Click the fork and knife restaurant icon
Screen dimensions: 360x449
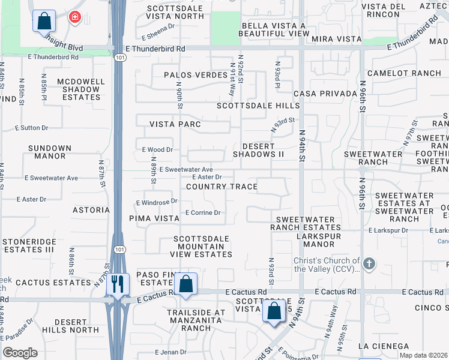(118, 283)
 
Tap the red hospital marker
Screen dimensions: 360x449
(74, 17)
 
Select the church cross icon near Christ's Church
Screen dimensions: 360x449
(369, 263)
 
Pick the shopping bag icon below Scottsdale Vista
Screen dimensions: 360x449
(274, 311)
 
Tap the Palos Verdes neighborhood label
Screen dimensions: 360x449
(197, 75)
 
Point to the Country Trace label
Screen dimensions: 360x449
(221, 187)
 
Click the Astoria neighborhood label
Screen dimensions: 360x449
(91, 210)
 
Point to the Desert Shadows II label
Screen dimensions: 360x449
(262, 150)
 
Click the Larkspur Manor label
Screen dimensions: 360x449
(315, 240)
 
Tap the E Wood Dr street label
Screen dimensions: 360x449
(157, 149)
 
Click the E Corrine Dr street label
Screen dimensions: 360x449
(203, 212)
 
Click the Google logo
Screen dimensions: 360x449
(20, 353)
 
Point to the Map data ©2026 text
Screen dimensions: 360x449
(423, 355)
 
